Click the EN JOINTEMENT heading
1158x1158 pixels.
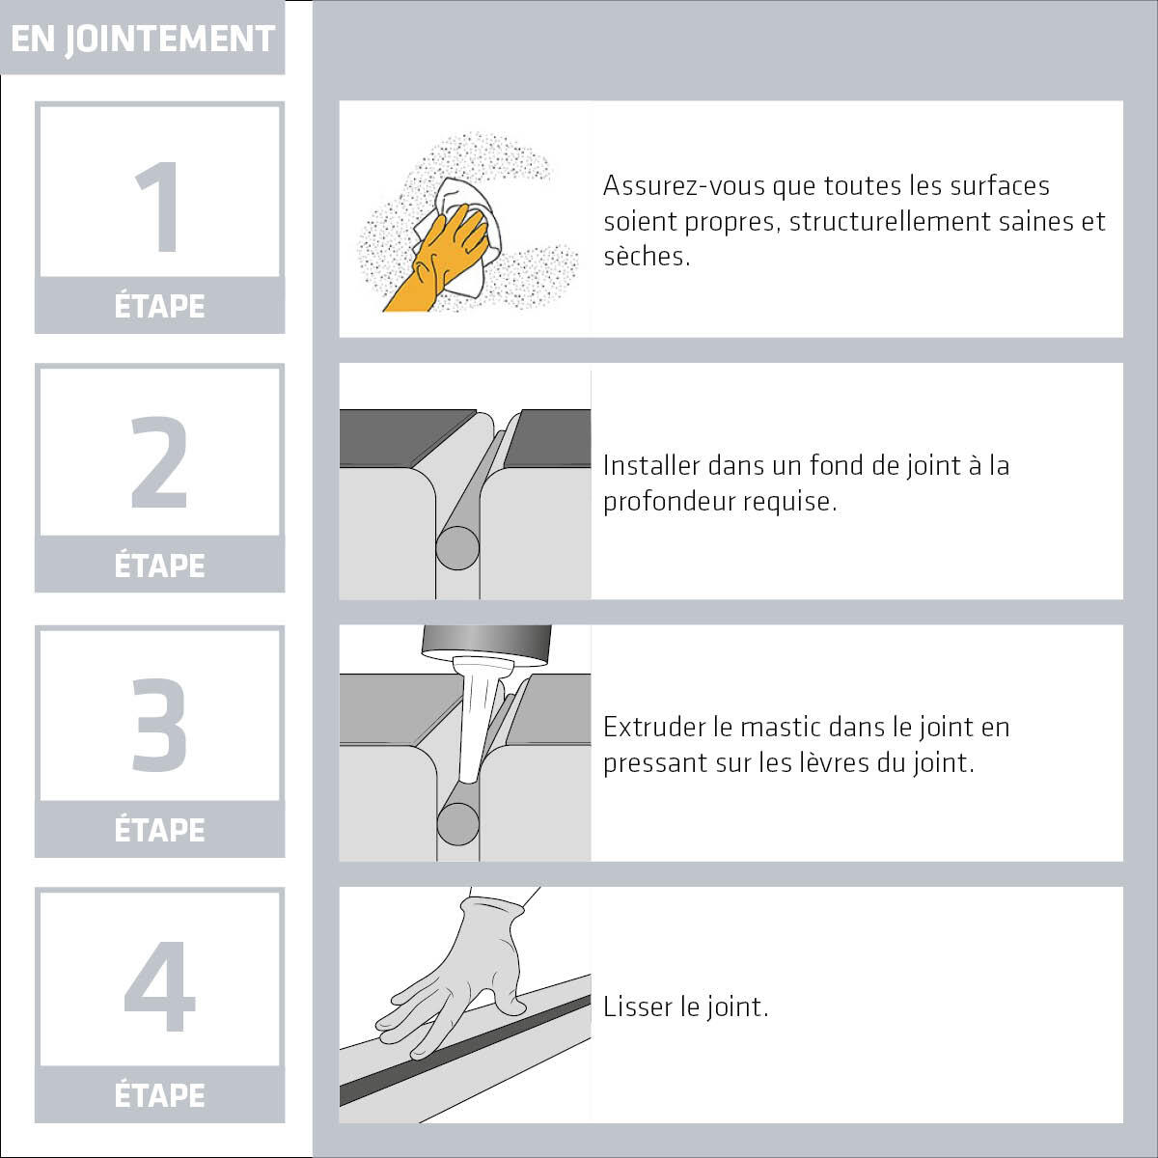coord(143,40)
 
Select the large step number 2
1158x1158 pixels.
coord(159,461)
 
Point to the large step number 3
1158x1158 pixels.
coord(159,725)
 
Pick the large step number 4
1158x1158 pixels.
coord(159,985)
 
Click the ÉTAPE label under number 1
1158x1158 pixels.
coord(159,306)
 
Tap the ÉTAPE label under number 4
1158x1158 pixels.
coord(159,1095)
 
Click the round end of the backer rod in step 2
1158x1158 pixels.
coord(457,548)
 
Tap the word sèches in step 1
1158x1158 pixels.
coord(647,257)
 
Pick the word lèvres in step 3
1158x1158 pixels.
coord(828,763)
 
